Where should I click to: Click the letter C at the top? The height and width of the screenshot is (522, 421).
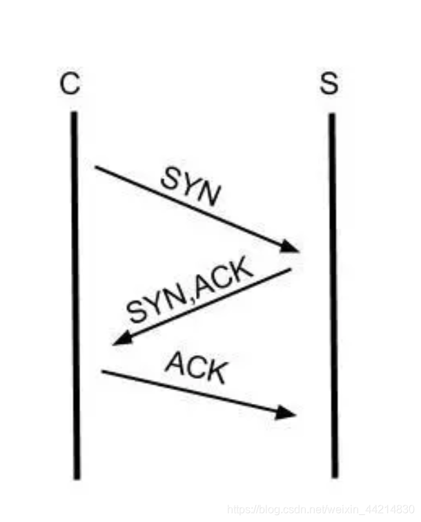coord(70,84)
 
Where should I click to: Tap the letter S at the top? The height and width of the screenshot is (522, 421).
coord(329,84)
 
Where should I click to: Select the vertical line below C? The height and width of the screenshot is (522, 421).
coord(75,297)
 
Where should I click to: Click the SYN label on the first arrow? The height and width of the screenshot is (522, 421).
coord(190,187)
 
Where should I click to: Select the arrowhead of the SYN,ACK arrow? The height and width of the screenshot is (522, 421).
coord(121,339)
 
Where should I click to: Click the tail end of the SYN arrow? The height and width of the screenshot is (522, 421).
coord(97,168)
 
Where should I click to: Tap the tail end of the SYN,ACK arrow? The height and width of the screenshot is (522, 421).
coord(290,270)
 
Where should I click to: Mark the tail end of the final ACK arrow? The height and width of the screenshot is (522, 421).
coord(103,371)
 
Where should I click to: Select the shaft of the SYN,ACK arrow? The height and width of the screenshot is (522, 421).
coord(207,304)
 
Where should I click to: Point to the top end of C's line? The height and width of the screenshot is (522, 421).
coord(74,114)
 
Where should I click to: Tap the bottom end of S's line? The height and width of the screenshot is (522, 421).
coord(334,476)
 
